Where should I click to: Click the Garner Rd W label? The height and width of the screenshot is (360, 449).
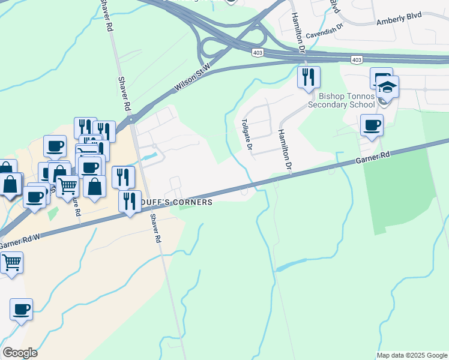(x=20, y=242)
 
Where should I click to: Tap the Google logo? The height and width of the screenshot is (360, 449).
(x=20, y=353)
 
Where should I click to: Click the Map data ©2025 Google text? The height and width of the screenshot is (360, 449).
(x=412, y=355)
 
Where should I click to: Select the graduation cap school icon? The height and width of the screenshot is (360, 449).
(x=388, y=88)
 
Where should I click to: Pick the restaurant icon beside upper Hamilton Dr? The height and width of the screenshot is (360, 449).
(x=309, y=77)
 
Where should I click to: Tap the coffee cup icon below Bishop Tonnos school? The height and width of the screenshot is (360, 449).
(x=372, y=125)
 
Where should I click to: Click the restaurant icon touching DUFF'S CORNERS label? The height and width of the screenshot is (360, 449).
(x=130, y=201)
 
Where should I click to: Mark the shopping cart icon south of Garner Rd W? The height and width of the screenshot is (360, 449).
(x=12, y=263)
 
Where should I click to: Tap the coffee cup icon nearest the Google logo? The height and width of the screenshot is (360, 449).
(x=21, y=310)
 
